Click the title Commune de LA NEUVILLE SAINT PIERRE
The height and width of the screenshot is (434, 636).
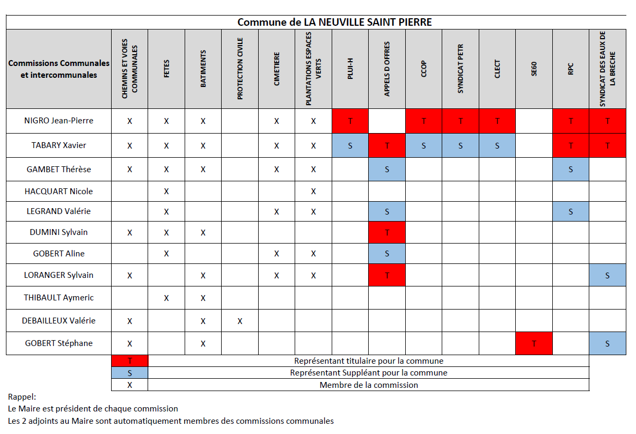click(x=334, y=22)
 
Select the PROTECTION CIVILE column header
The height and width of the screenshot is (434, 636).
click(x=240, y=69)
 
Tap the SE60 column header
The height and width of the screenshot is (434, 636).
click(x=534, y=69)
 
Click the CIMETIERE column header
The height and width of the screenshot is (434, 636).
click(x=276, y=69)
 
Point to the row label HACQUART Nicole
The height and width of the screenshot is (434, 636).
click(x=59, y=191)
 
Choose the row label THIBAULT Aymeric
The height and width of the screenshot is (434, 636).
click(x=59, y=297)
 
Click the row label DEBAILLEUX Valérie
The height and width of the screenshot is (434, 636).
click(x=59, y=320)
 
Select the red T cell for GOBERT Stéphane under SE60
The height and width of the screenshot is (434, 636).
click(x=534, y=343)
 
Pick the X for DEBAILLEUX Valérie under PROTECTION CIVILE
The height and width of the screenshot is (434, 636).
click(x=240, y=321)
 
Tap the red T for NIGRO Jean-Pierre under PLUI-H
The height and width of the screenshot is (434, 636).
click(x=350, y=121)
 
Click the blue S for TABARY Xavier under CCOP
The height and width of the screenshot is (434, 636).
click(x=423, y=145)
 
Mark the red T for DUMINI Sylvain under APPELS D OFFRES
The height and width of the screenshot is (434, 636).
click(x=387, y=232)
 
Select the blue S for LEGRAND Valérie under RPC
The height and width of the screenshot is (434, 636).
click(x=571, y=212)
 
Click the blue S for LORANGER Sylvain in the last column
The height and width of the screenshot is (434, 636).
click(x=607, y=275)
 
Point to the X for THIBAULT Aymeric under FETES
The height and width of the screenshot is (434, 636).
click(x=166, y=298)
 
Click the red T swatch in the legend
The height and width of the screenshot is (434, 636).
click(x=130, y=361)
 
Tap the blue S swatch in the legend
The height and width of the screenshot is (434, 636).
click(x=130, y=373)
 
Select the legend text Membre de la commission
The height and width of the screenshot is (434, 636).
click(x=369, y=385)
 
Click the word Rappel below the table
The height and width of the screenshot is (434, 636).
click(x=22, y=396)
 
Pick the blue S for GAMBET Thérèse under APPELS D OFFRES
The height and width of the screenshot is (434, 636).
click(x=387, y=169)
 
